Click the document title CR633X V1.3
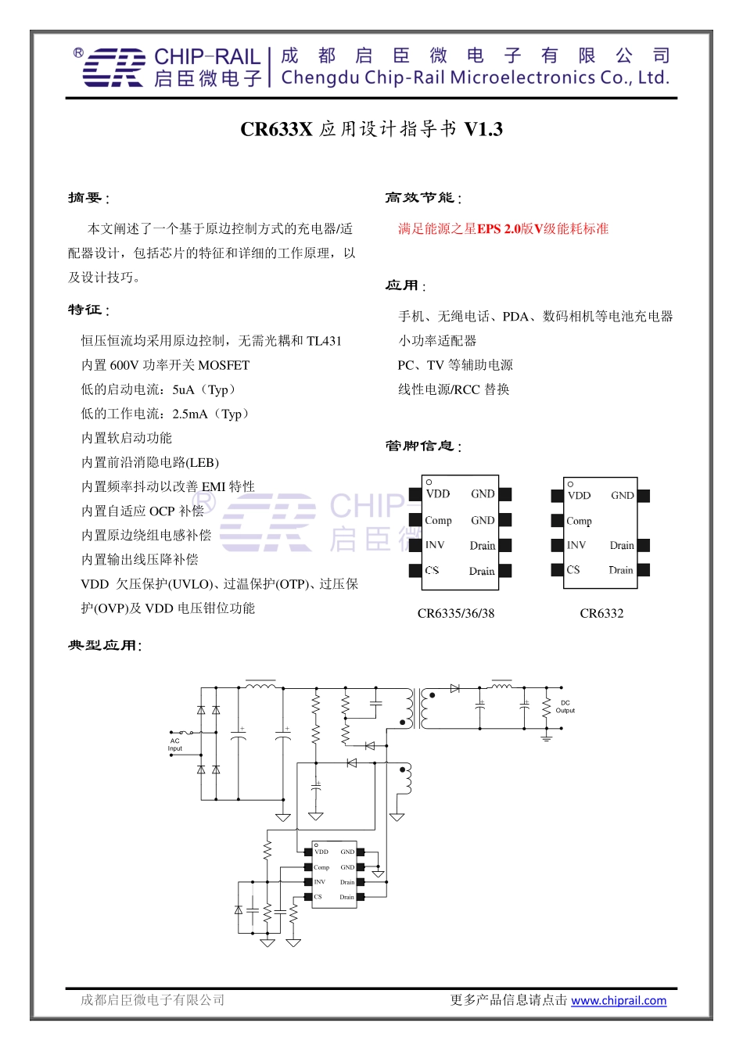point(371,129)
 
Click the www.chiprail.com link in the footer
point(618,1000)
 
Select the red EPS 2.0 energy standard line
point(503,228)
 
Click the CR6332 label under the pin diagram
point(601,613)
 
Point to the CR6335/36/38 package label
point(456,613)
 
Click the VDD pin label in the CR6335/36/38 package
point(438,493)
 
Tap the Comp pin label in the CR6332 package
point(580,521)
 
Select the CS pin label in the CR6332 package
point(573,570)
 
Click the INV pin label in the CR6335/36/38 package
point(435,545)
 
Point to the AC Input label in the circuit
point(174,744)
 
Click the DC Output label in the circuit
point(565,706)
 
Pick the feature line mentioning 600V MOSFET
point(165,365)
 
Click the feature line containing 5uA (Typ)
point(157,389)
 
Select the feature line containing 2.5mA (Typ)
point(164,414)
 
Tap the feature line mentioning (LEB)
point(149,462)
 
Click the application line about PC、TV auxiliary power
point(455,365)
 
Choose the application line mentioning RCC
point(453,389)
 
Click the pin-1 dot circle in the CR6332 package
point(570,484)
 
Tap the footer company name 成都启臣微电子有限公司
point(153,1000)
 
